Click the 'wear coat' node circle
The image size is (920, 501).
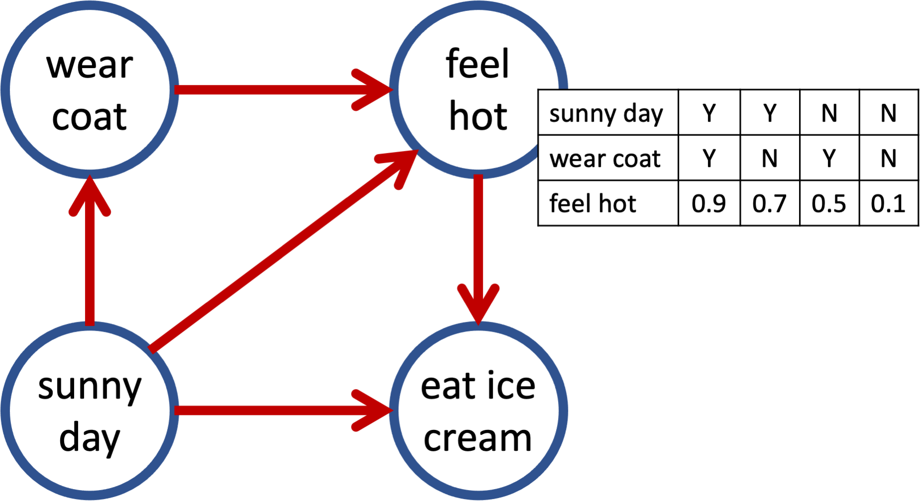click(90, 90)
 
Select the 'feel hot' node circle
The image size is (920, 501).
click(478, 90)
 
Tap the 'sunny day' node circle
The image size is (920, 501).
click(90, 411)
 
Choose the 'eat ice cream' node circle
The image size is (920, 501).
click(478, 411)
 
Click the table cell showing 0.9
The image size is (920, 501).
click(709, 203)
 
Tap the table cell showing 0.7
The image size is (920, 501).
click(770, 203)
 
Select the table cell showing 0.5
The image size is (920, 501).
click(829, 203)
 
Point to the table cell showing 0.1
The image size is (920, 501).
click(888, 203)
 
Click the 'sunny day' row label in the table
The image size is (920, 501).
click(606, 113)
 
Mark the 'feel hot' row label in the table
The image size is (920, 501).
click(593, 203)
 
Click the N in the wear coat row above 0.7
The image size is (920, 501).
click(770, 159)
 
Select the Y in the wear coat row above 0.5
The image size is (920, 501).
click(829, 159)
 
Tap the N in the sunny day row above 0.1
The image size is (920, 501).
click(888, 113)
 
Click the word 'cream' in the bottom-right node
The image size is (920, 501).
click(478, 439)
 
